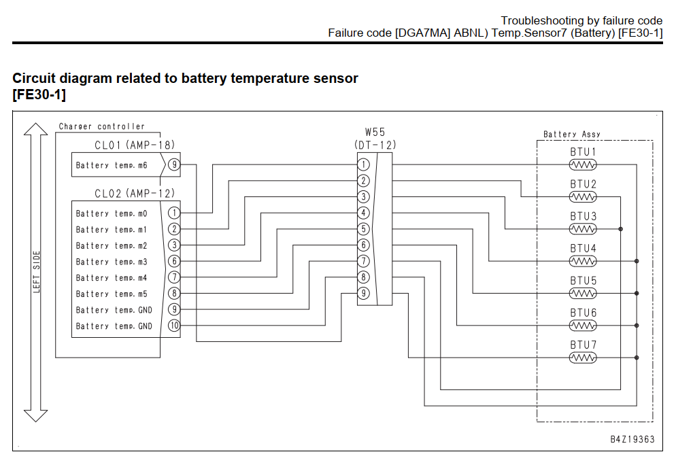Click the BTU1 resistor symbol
pyautogui.click(x=583, y=164)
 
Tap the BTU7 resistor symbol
pyautogui.click(x=583, y=358)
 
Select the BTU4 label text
pyautogui.click(x=584, y=249)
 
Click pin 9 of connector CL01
pyautogui.click(x=174, y=164)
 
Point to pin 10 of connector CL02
pyautogui.click(x=174, y=326)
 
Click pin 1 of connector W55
pyautogui.click(x=363, y=164)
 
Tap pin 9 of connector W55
pyautogui.click(x=363, y=293)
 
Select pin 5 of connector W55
pyautogui.click(x=363, y=229)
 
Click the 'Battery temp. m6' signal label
pyautogui.click(x=112, y=165)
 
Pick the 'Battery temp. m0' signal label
pyautogui.click(x=112, y=213)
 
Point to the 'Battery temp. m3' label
pyautogui.click(x=112, y=262)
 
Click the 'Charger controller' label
pyautogui.click(x=102, y=126)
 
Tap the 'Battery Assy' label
pyautogui.click(x=572, y=134)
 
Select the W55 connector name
pyautogui.click(x=375, y=133)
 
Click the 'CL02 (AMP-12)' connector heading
pyautogui.click(x=135, y=194)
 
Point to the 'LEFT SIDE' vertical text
pyautogui.click(x=37, y=272)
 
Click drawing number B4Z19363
pyautogui.click(x=632, y=439)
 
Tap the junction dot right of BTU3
pyautogui.click(x=621, y=229)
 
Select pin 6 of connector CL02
pyautogui.click(x=174, y=261)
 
